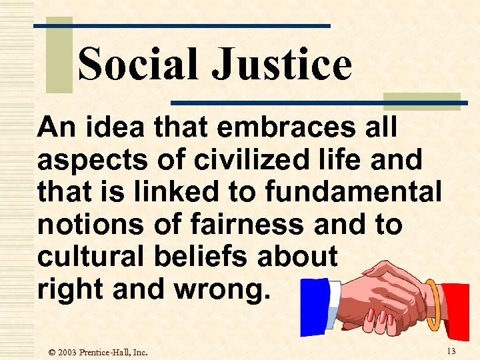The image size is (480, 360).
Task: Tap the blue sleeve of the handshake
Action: tap(313, 307)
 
